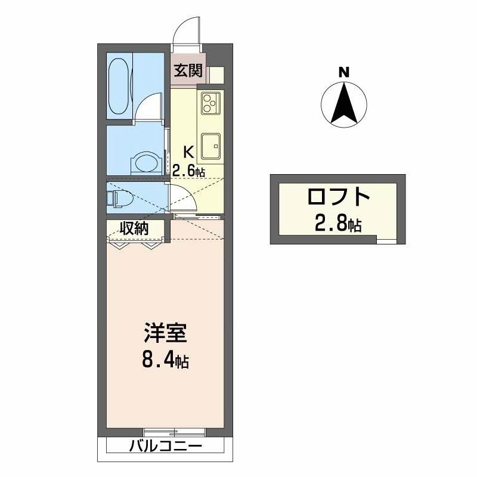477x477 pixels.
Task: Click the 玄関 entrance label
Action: pos(188,71)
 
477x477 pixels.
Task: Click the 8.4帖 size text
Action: pos(166,360)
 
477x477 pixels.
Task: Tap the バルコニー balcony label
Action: pos(165,445)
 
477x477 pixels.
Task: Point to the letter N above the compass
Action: pos(343,73)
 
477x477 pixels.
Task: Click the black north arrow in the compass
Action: pos(344,104)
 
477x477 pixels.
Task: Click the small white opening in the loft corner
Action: pos(386,240)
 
